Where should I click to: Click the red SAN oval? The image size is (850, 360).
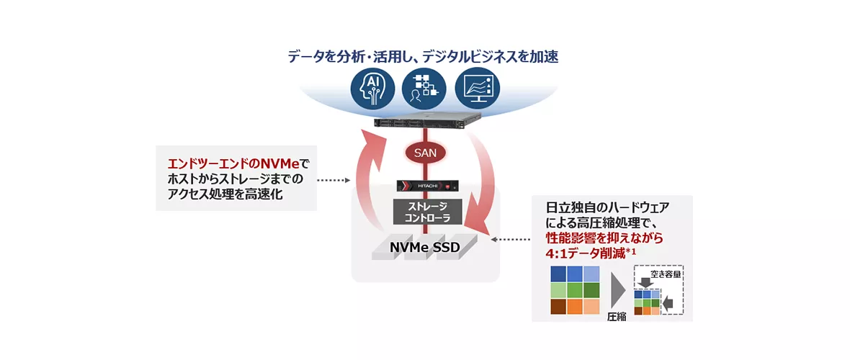click(425, 153)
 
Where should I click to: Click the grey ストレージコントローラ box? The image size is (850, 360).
click(425, 212)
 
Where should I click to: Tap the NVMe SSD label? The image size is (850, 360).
click(425, 248)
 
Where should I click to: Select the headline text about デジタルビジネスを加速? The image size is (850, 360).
click(424, 56)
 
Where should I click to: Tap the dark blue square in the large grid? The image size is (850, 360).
click(558, 274)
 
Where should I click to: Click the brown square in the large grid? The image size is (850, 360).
click(558, 306)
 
